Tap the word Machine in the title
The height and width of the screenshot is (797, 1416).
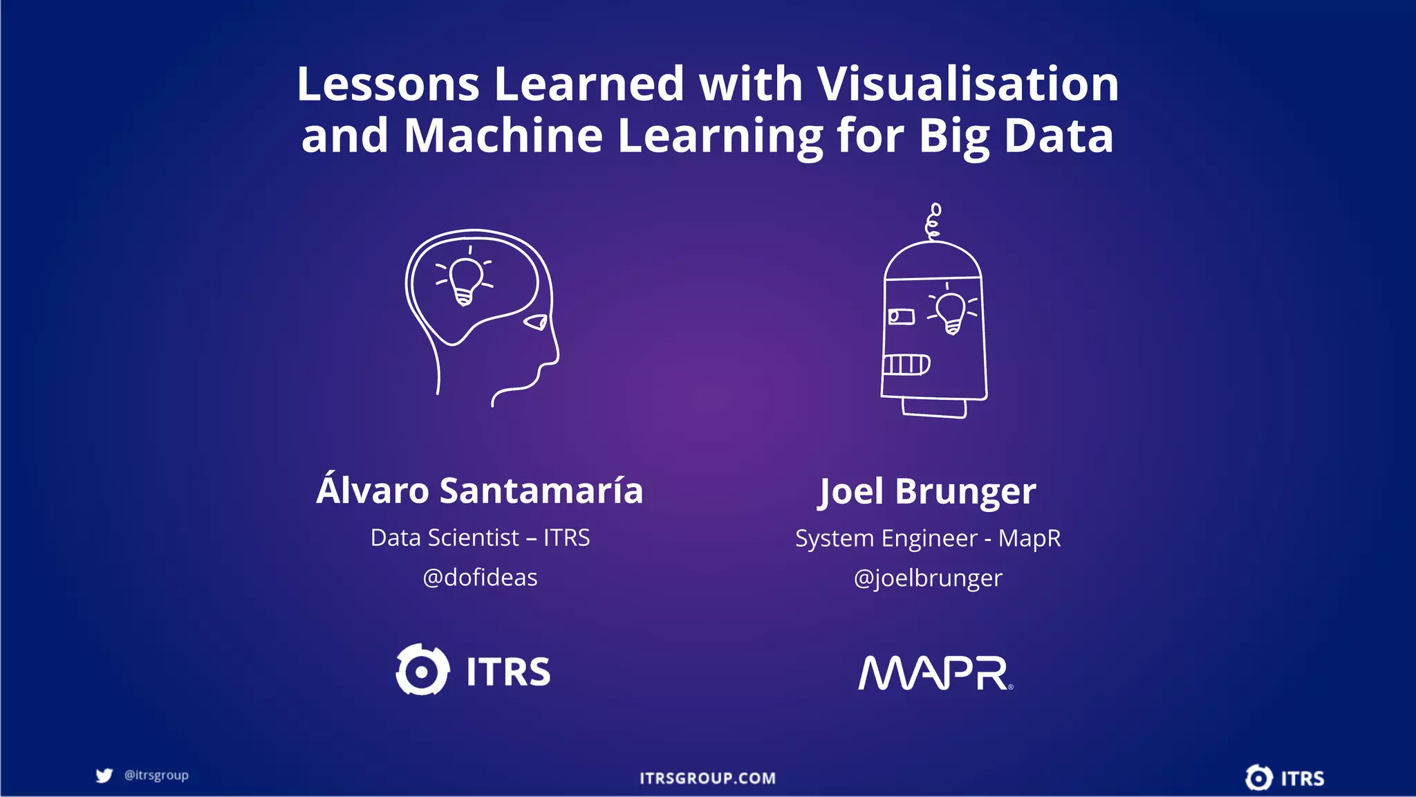[x=503, y=136]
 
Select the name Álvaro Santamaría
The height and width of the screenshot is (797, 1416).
[x=480, y=491]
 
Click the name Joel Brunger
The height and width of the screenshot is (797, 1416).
[x=927, y=492]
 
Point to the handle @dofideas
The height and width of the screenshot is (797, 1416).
[x=480, y=578]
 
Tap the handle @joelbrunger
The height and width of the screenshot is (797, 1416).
[x=927, y=578]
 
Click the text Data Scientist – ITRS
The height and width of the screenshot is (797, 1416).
[x=480, y=538]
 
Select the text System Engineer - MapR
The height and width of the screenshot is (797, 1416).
[x=927, y=538]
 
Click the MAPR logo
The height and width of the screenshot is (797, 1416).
[x=935, y=673]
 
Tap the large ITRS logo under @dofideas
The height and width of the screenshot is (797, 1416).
[x=474, y=670]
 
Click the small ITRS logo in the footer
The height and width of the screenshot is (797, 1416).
[x=1285, y=778]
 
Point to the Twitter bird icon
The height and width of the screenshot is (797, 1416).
[x=104, y=776]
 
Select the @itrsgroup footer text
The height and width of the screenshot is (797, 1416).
[x=156, y=776]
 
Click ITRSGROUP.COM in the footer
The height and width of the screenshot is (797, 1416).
[x=707, y=778]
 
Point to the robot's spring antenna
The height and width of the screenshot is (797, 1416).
[x=933, y=221]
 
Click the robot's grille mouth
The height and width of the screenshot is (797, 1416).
[x=906, y=364]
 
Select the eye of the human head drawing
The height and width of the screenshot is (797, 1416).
[x=537, y=322]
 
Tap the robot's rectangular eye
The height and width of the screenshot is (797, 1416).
[x=901, y=317]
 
